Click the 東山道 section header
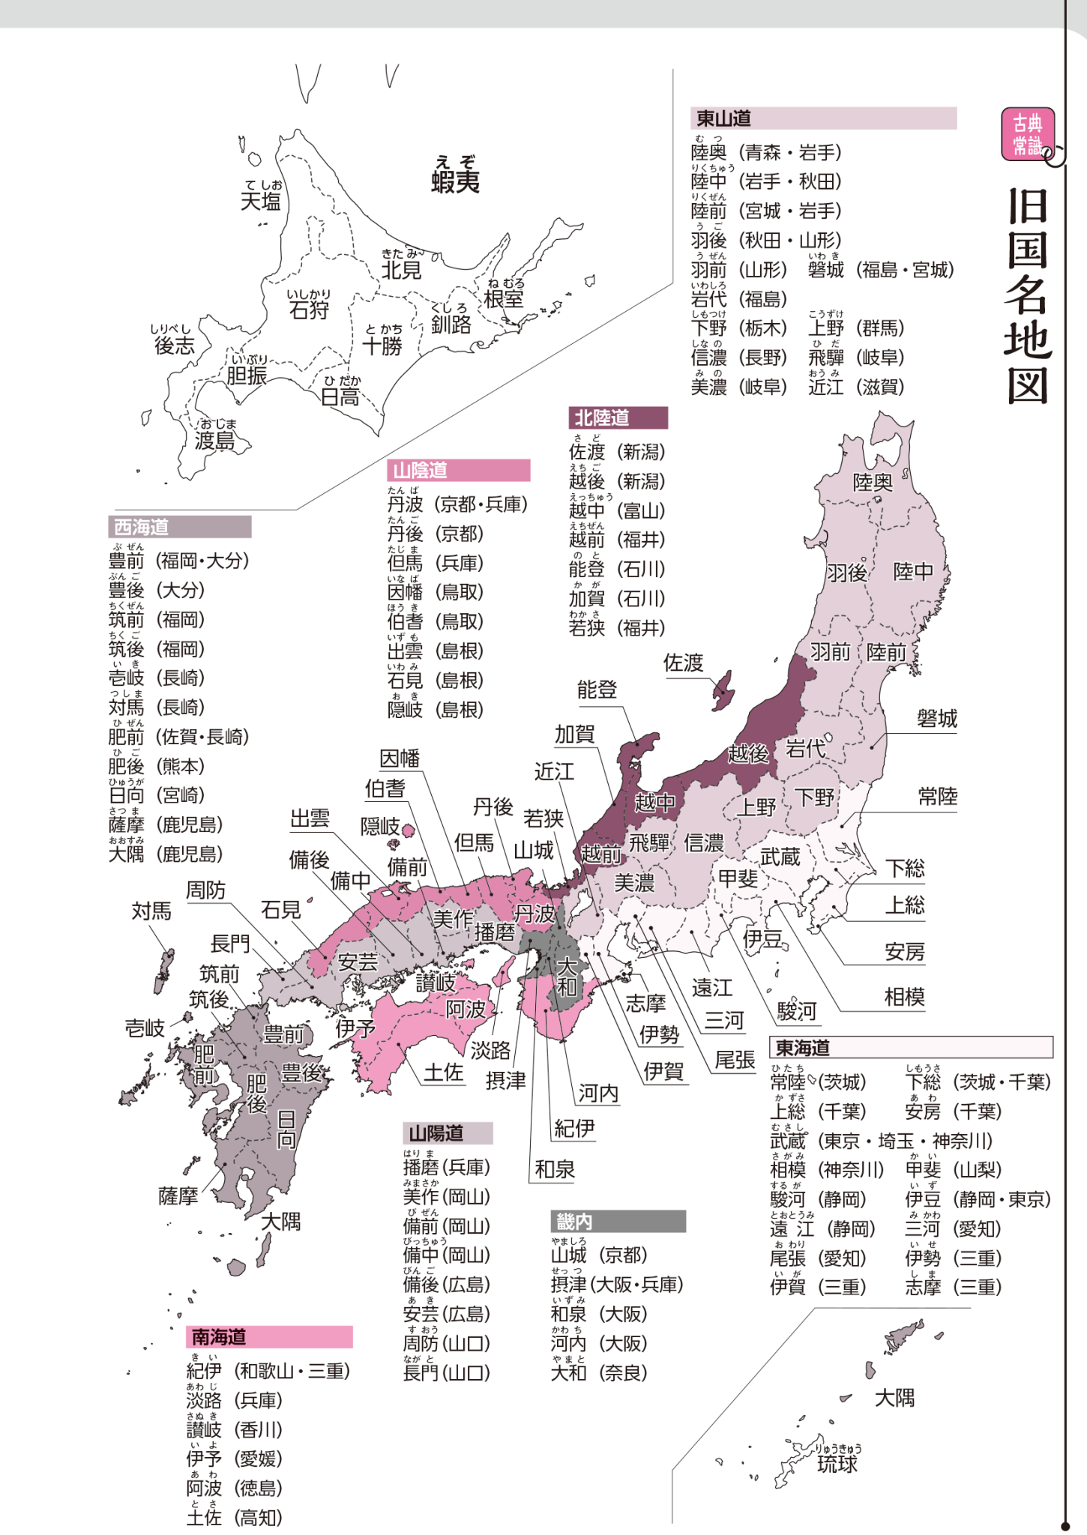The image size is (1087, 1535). point(724,118)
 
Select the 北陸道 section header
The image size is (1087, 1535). point(602,417)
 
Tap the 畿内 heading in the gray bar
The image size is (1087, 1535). point(574,1221)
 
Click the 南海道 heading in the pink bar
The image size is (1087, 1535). point(219,1336)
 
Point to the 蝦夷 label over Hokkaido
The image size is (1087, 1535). point(455,181)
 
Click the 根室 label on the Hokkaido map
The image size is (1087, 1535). point(504,299)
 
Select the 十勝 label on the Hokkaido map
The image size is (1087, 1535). point(382,346)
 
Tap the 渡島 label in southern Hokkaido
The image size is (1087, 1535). point(214,441)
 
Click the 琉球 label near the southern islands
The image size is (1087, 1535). point(837,1463)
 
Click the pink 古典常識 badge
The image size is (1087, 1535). point(1028,134)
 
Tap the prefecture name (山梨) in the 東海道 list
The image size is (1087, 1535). point(978,1169)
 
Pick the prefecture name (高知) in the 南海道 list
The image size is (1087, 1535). point(259,1518)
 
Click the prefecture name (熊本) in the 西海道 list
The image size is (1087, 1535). point(181,766)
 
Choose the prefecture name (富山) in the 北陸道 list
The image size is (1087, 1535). point(641,510)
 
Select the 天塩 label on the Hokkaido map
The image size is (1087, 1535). point(260,201)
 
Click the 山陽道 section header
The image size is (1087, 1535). point(436,1133)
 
